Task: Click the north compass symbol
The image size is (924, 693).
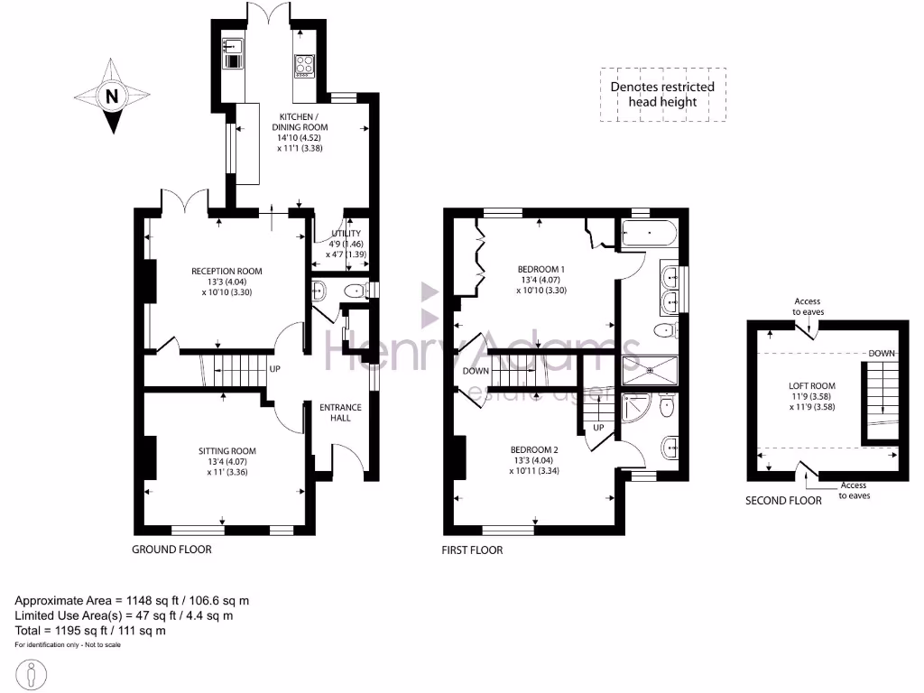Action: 110,97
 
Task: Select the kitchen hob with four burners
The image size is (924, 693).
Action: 302,65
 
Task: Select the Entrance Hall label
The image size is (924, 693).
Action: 340,412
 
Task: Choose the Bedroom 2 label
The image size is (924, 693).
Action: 534,460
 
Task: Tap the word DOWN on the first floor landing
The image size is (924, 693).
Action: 476,371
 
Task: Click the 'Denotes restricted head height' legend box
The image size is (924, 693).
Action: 662,95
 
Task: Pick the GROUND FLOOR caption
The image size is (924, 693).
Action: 171,550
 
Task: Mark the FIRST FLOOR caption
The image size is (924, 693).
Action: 472,550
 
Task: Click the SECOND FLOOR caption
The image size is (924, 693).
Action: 783,500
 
